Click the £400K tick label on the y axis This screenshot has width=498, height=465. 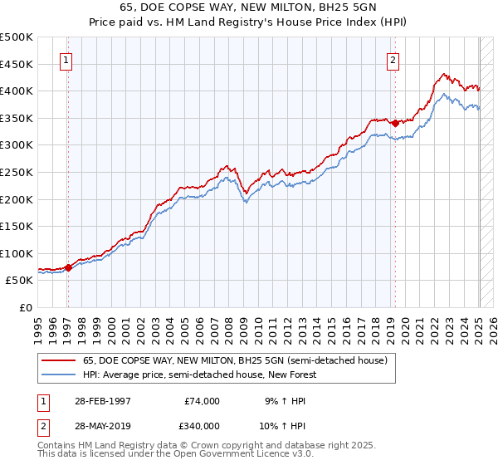pyautogui.click(x=17, y=91)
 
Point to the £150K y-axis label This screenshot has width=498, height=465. pyautogui.click(x=17, y=226)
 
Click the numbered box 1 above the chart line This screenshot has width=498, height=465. pyautogui.click(x=65, y=60)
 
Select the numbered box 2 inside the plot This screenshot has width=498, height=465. pyautogui.click(x=392, y=60)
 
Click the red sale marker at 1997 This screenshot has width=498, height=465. pyautogui.click(x=69, y=267)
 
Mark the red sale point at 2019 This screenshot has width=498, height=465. pyautogui.click(x=395, y=123)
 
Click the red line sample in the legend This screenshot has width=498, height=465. pyautogui.click(x=59, y=360)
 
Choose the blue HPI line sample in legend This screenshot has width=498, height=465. pyautogui.click(x=59, y=374)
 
